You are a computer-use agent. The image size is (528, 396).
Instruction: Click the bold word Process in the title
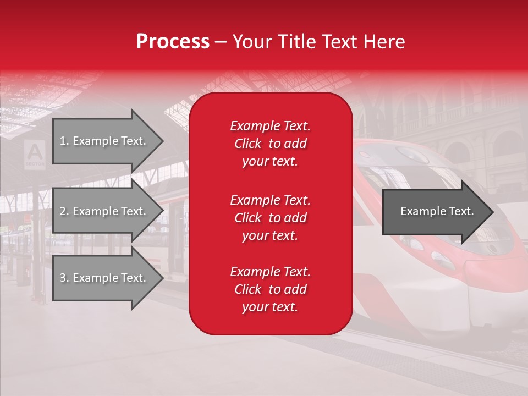(x=173, y=42)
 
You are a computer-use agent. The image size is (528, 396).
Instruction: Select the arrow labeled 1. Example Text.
(x=105, y=141)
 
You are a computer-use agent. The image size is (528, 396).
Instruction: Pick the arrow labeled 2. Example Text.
(x=105, y=211)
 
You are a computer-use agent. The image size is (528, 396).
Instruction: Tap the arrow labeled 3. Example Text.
(x=105, y=278)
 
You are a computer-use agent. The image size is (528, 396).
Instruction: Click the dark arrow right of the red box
(x=435, y=212)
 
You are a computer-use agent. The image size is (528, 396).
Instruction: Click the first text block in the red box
(x=270, y=144)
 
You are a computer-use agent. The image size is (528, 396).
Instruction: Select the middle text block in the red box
(x=270, y=218)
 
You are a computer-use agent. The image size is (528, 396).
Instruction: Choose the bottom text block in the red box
(x=270, y=289)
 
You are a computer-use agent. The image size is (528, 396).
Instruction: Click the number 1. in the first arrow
(x=64, y=141)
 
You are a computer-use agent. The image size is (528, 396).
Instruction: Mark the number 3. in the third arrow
(x=64, y=278)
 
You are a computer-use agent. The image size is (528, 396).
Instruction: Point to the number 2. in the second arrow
(x=64, y=211)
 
